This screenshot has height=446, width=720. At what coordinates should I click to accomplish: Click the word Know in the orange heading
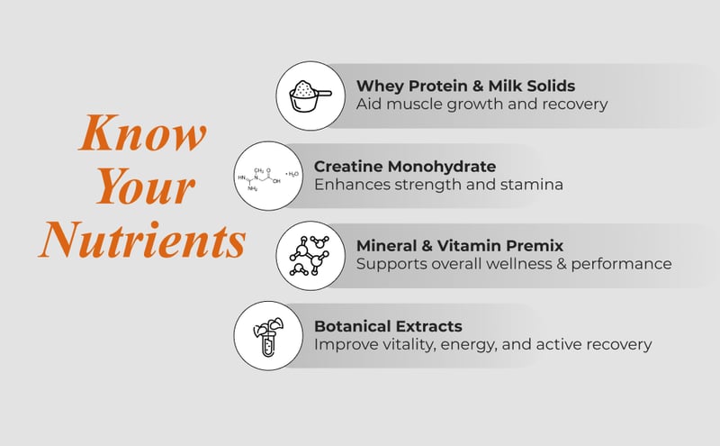coord(143,133)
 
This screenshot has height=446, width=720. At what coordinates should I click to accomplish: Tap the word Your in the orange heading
coord(146,187)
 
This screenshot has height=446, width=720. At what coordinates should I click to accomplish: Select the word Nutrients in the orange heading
coord(142,240)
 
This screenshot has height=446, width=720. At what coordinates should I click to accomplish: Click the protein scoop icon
coord(310,96)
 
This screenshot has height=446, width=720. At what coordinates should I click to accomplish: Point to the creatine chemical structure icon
coord(268,176)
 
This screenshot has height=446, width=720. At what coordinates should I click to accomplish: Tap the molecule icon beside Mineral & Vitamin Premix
coord(310,256)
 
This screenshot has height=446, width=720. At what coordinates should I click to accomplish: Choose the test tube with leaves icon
coord(268,336)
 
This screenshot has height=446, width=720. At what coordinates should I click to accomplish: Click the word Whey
coord(380,86)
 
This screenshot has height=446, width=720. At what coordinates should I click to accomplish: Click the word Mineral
coord(386,246)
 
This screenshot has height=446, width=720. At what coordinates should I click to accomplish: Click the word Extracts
coord(429,326)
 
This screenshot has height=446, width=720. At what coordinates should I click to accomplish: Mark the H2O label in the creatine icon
coord(293,174)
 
